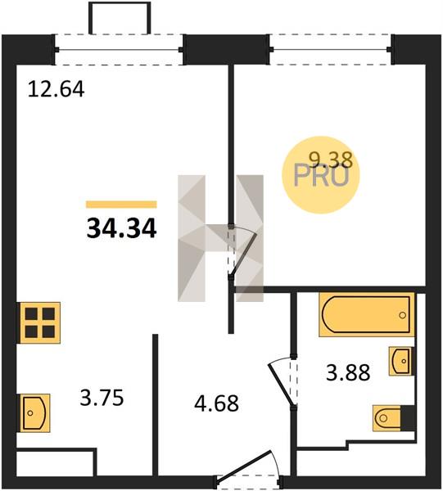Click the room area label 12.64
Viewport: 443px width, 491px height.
[56, 89]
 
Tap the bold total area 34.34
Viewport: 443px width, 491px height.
[121, 228]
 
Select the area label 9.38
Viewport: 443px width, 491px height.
[331, 160]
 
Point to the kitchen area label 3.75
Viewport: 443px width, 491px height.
[102, 398]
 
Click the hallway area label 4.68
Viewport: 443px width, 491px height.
[216, 403]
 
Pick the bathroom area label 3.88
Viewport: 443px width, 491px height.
[348, 372]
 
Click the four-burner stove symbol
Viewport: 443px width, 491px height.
[40, 322]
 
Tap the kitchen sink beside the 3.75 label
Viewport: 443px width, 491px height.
[34, 413]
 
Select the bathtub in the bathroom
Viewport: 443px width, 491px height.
[367, 314]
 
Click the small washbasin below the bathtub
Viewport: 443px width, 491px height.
[400, 361]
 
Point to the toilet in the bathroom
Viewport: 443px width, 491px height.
[395, 418]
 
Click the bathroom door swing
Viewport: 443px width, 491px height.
[282, 383]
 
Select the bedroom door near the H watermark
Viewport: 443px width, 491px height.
[242, 252]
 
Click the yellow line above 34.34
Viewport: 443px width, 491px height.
[121, 205]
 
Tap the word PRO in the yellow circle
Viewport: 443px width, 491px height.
[321, 176]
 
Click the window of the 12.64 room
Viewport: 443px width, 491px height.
[119, 49]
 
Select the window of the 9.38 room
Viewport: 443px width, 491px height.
[330, 49]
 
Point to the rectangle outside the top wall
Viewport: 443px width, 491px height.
[120, 18]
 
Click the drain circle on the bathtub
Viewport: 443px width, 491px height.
[403, 315]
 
